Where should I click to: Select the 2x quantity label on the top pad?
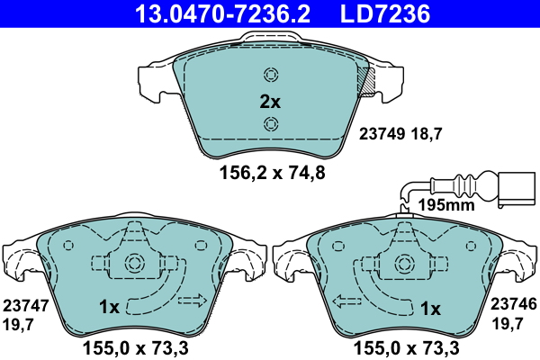coord(270,102)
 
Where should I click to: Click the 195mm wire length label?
coord(445,206)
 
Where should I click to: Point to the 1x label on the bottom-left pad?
coord(109,308)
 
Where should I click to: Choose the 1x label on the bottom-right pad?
coord(430,309)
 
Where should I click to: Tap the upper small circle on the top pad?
coord(270,75)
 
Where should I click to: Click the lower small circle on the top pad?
coord(270,124)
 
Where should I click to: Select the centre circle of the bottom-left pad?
coord(136,263)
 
